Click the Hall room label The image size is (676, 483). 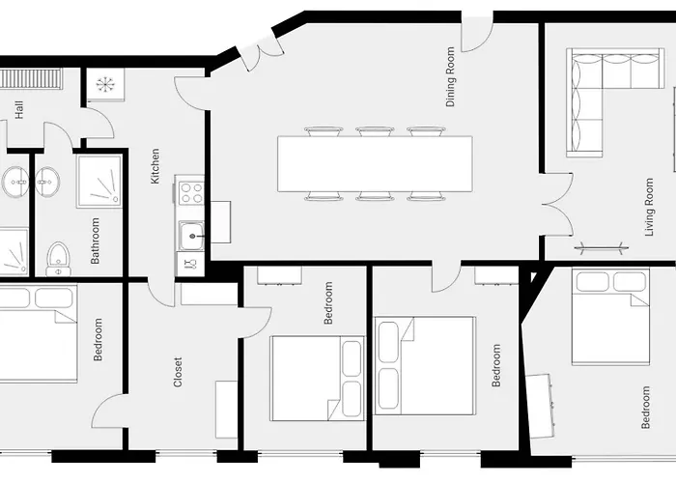pos(19,110)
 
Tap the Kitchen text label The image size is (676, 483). pos(155,173)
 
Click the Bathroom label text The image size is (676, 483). pos(96,241)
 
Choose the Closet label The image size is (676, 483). pos(178,373)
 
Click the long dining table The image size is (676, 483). pos(375,163)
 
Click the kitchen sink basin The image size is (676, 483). pos(190,233)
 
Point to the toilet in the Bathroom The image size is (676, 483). pos(58,258)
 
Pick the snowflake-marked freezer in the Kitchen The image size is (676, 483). pos(103,84)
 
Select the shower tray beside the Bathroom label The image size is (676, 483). pos(99,182)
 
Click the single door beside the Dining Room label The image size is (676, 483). pos(476,35)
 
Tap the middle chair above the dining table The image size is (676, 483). pos(374,130)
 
